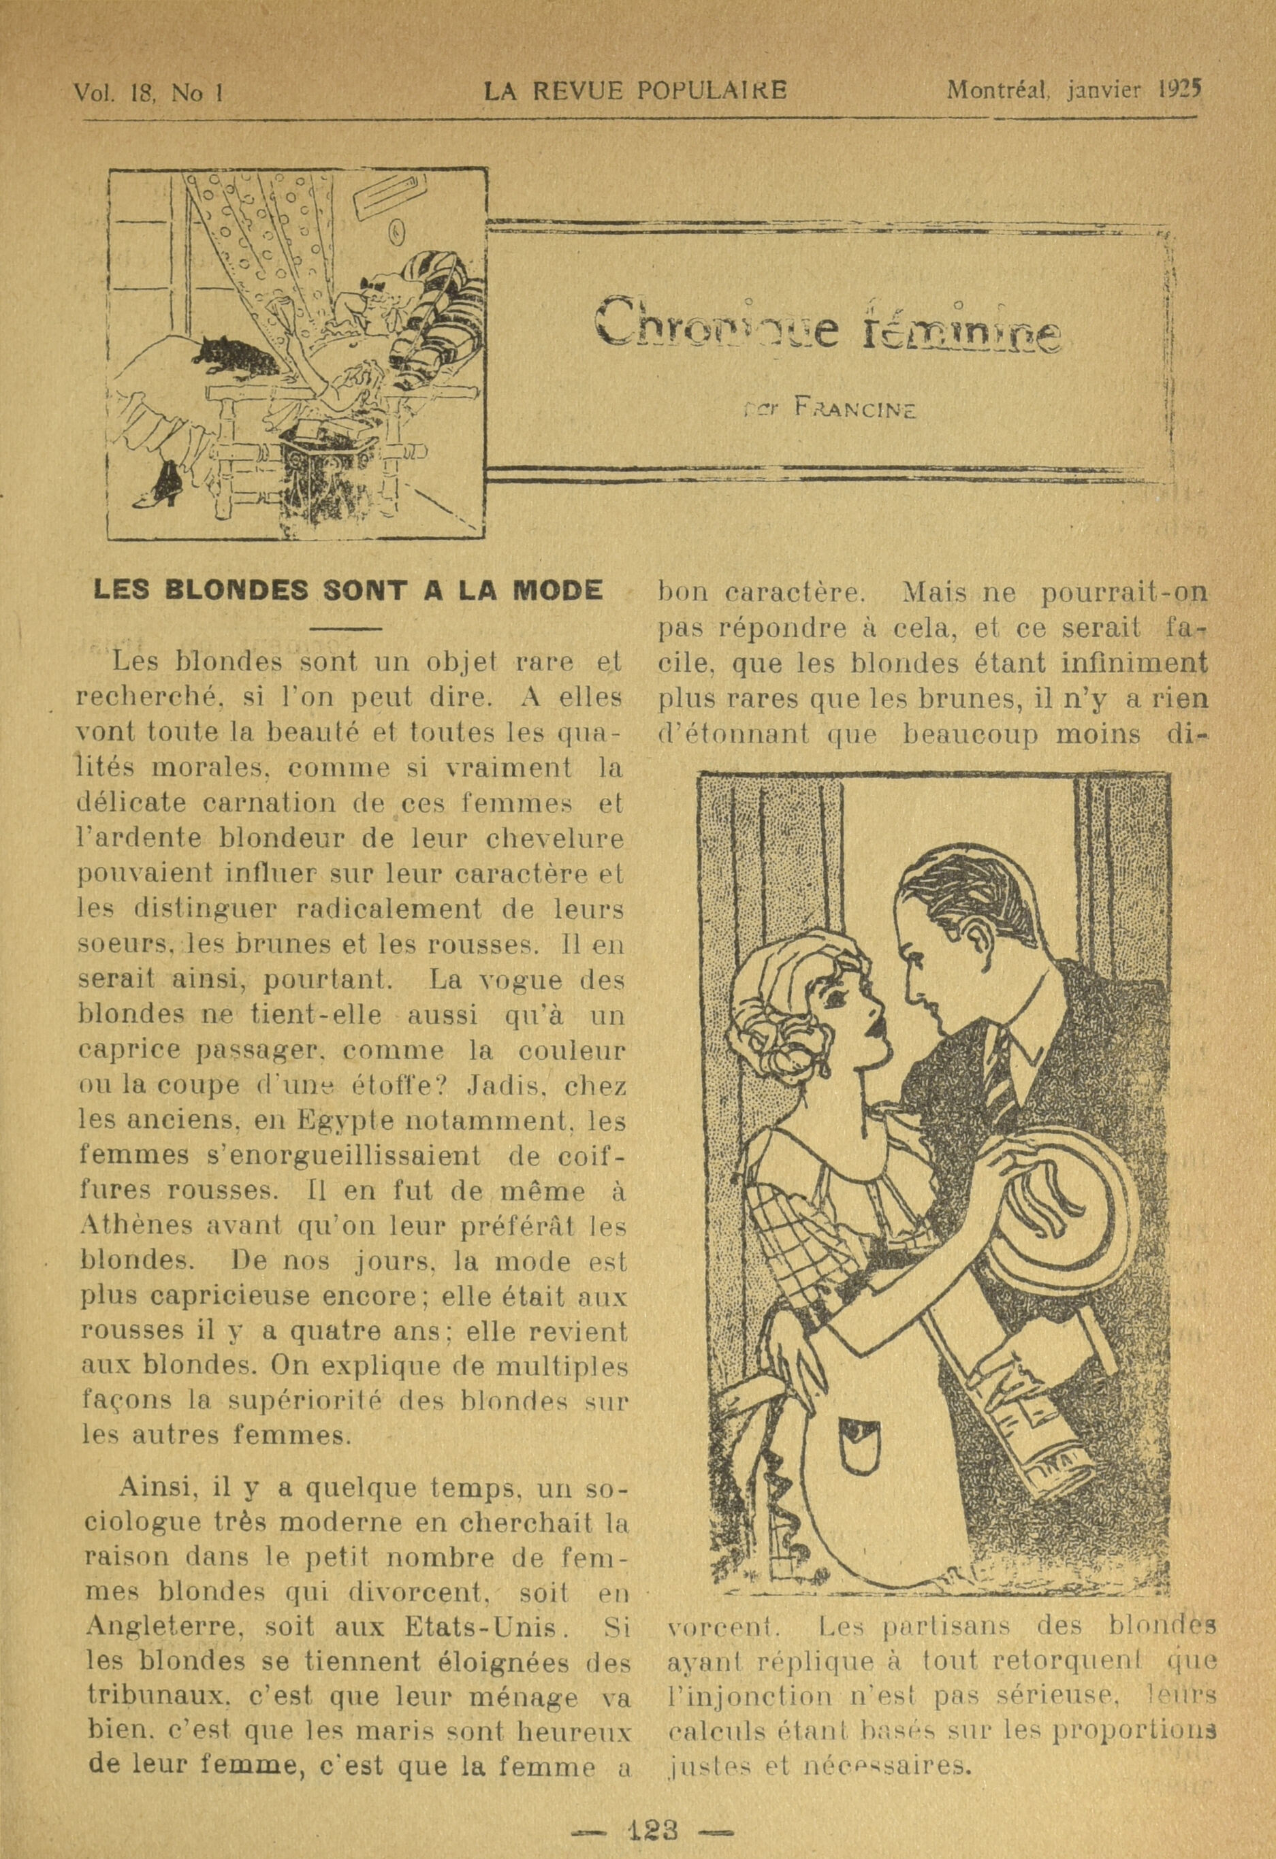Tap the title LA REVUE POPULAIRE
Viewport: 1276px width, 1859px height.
pos(636,91)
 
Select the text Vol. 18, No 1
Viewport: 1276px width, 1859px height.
pos(147,93)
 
